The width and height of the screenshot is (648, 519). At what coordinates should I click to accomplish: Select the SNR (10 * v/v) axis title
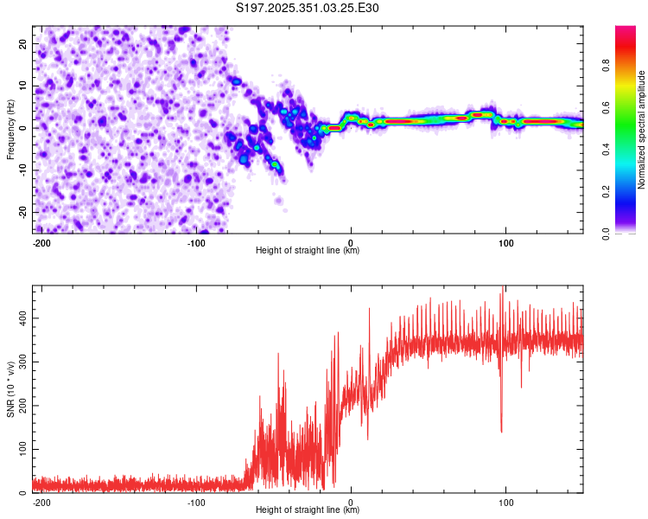click(x=10, y=390)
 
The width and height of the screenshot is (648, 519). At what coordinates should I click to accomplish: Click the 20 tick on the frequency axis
click(x=23, y=43)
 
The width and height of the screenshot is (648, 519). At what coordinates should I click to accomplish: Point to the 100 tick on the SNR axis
click(x=21, y=450)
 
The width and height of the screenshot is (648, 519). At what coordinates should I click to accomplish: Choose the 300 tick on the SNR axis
click(x=21, y=362)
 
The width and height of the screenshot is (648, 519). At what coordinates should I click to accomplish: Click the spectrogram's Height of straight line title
click(x=308, y=251)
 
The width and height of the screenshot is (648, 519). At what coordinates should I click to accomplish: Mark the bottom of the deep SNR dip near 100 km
click(x=501, y=432)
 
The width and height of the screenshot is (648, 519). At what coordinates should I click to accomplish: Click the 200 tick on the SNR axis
click(x=21, y=406)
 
